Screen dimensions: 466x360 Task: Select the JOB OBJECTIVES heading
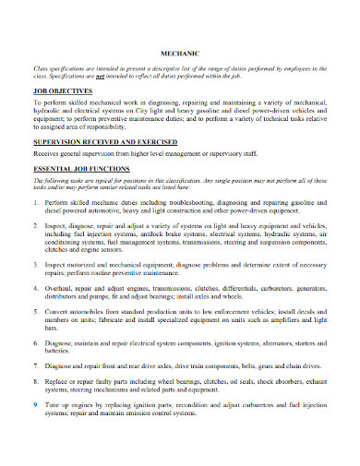point(62,92)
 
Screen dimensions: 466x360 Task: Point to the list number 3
point(40,267)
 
